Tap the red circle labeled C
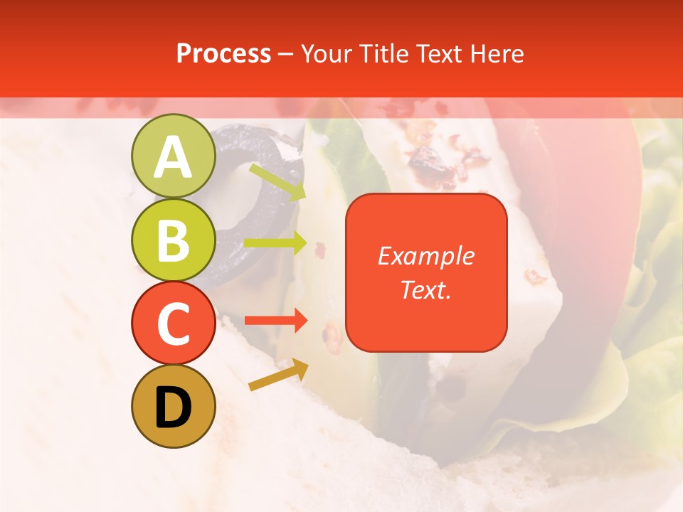pos(173,323)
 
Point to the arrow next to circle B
pos(275,243)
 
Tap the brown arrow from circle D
pos(278,375)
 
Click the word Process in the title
pos(223,53)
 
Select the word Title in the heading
pos(383,53)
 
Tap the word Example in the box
pos(425,256)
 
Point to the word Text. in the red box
pos(425,289)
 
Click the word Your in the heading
pos(327,53)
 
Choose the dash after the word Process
pos(286,54)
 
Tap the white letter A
pos(173,157)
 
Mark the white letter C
pos(173,323)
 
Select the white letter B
pos(173,240)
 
